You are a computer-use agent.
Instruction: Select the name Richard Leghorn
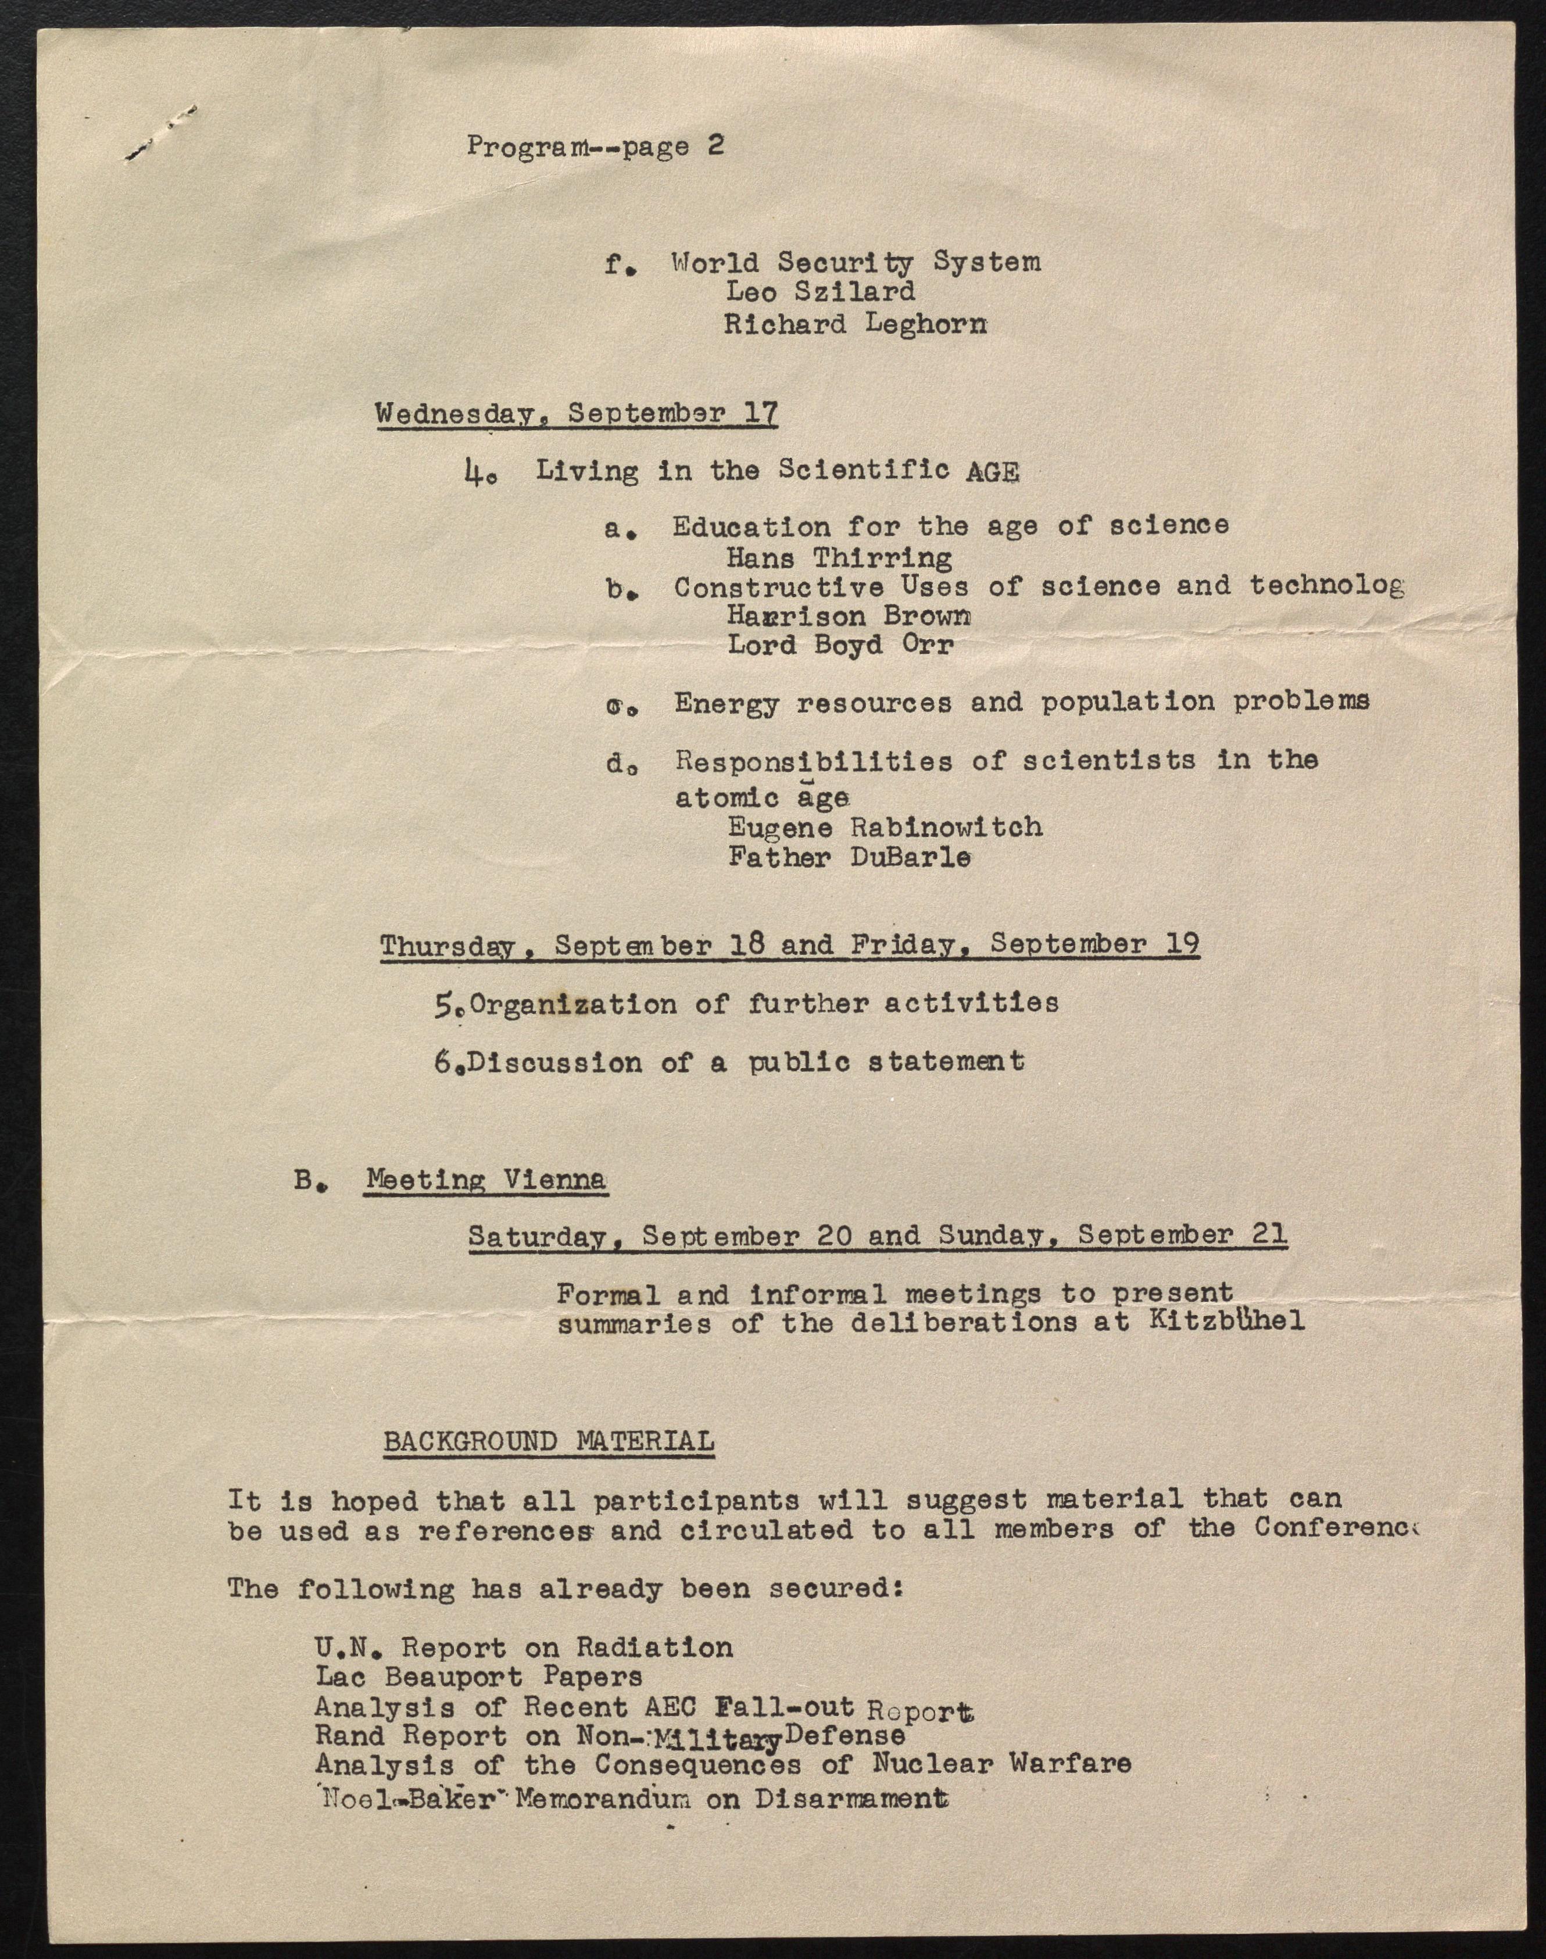(854, 323)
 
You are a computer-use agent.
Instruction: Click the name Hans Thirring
(838, 557)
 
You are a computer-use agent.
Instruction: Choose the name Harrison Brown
(848, 616)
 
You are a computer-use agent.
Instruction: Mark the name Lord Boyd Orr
(840, 645)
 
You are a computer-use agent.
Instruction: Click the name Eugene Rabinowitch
(885, 827)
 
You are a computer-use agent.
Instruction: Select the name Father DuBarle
(849, 857)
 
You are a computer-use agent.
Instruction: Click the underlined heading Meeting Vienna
(486, 1180)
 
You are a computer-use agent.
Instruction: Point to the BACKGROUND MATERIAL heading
(549, 1441)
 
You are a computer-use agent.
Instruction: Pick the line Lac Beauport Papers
(479, 1676)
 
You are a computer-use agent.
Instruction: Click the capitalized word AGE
(992, 471)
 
